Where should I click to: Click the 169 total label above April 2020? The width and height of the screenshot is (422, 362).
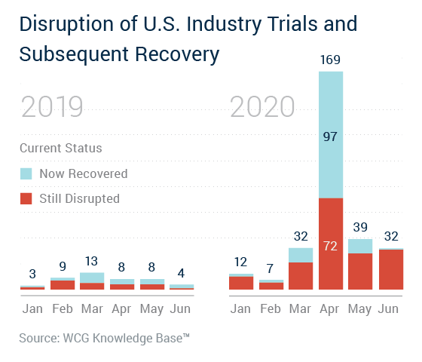(330, 60)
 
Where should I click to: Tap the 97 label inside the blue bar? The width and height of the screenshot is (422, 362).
(330, 137)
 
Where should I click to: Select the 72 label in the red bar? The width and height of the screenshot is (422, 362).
(330, 246)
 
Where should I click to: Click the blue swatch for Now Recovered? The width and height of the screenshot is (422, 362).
(26, 173)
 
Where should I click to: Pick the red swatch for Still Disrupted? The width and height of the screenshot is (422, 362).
(26, 198)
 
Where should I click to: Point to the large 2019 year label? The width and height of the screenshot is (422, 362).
(52, 107)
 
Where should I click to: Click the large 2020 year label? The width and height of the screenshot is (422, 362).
(262, 107)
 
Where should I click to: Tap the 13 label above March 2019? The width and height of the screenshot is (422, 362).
(91, 261)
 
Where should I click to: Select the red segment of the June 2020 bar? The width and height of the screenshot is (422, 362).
(391, 269)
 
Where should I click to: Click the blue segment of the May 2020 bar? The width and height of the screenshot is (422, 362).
(360, 246)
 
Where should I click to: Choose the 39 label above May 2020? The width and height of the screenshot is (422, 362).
(360, 227)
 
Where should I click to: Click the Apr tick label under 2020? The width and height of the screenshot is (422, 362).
(329, 309)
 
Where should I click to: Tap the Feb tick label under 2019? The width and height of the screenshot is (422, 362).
(63, 308)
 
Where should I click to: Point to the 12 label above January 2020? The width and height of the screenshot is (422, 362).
(240, 262)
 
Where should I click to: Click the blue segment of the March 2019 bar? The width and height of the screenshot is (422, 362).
(92, 278)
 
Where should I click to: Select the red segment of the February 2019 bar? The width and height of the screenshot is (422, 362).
(63, 285)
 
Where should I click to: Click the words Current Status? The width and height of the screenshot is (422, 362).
(61, 148)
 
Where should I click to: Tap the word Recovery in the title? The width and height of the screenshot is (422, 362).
(177, 54)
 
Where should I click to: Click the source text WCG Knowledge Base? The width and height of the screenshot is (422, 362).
(127, 339)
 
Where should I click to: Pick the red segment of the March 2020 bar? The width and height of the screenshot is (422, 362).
(301, 276)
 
